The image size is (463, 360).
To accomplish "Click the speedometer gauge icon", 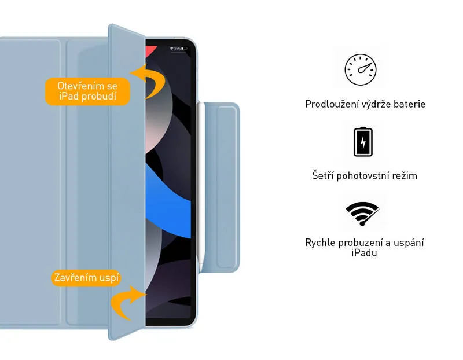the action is click(361, 69).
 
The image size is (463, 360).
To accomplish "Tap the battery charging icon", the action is click(363, 142).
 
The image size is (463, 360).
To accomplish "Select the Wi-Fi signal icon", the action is click(363, 214).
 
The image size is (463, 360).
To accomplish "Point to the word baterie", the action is click(410, 104).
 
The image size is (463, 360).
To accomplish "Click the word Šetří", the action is click(323, 175).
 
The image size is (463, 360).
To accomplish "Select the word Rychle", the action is click(320, 243).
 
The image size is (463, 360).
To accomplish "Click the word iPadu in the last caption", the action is click(364, 253).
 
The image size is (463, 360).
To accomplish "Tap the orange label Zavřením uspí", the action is click(86, 278).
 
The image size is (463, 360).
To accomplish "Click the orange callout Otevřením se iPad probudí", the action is click(87, 91).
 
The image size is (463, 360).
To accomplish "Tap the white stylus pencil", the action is click(201, 186).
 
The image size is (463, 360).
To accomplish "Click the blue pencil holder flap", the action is click(222, 186).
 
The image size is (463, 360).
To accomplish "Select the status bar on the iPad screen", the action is click(179, 49).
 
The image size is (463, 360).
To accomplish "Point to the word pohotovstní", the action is click(363, 176).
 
